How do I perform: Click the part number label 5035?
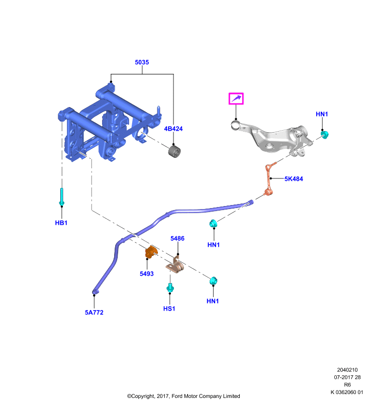click(142, 62)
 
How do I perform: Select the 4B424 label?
click(173, 129)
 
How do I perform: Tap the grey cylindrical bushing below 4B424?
click(174, 151)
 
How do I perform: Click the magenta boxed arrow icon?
click(236, 98)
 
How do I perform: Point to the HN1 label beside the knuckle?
click(322, 114)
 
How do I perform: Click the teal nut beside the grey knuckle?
click(325, 135)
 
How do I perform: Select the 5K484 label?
click(294, 179)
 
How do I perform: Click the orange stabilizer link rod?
click(269, 179)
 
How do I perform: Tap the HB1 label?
click(61, 223)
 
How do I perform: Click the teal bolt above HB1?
click(61, 196)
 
